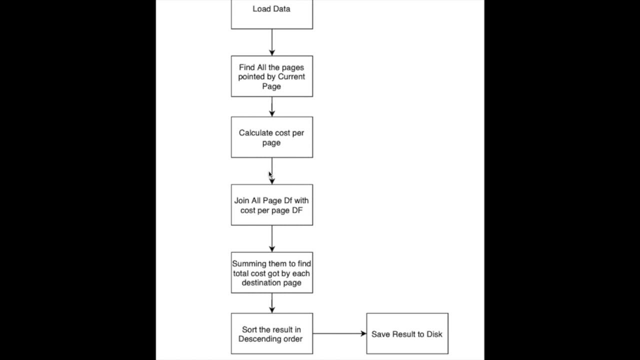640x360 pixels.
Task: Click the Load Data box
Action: click(x=271, y=14)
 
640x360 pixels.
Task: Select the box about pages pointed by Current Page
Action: click(x=271, y=76)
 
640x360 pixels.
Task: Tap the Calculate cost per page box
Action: click(x=271, y=137)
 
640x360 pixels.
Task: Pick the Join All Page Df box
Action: click(x=271, y=205)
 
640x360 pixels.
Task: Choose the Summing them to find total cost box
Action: click(x=271, y=273)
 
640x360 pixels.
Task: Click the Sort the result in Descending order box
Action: click(x=271, y=334)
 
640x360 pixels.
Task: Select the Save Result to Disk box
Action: click(x=407, y=334)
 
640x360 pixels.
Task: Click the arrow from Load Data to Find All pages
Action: click(x=272, y=42)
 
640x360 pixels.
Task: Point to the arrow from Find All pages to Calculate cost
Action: click(x=272, y=106)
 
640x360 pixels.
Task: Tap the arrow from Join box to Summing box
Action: click(x=272, y=238)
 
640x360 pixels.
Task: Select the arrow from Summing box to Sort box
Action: click(x=272, y=303)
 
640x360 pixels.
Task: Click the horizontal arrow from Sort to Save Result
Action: click(x=339, y=333)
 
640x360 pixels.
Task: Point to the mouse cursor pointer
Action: click(x=270, y=174)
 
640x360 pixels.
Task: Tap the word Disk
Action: click(x=434, y=334)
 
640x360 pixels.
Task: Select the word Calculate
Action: click(x=255, y=133)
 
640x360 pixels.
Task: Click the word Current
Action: click(x=291, y=76)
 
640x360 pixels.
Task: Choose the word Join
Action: click(x=242, y=200)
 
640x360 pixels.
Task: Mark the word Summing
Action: click(x=249, y=263)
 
